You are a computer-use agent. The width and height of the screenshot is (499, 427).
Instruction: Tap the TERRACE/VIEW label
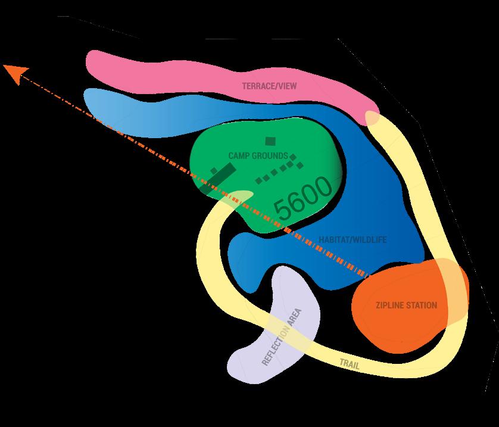(x=269, y=86)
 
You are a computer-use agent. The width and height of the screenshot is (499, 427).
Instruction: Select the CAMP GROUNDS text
(x=258, y=156)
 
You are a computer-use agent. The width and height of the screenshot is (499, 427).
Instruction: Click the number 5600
(x=303, y=198)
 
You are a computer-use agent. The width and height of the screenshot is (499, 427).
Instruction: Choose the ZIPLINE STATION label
(x=406, y=306)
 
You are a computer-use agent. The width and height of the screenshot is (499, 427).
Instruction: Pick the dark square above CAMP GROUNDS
(x=270, y=141)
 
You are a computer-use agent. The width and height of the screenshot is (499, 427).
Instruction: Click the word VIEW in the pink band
(x=286, y=86)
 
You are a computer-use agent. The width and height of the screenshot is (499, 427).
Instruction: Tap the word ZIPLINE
(x=389, y=306)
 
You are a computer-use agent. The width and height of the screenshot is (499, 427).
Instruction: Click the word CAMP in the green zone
(x=238, y=156)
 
